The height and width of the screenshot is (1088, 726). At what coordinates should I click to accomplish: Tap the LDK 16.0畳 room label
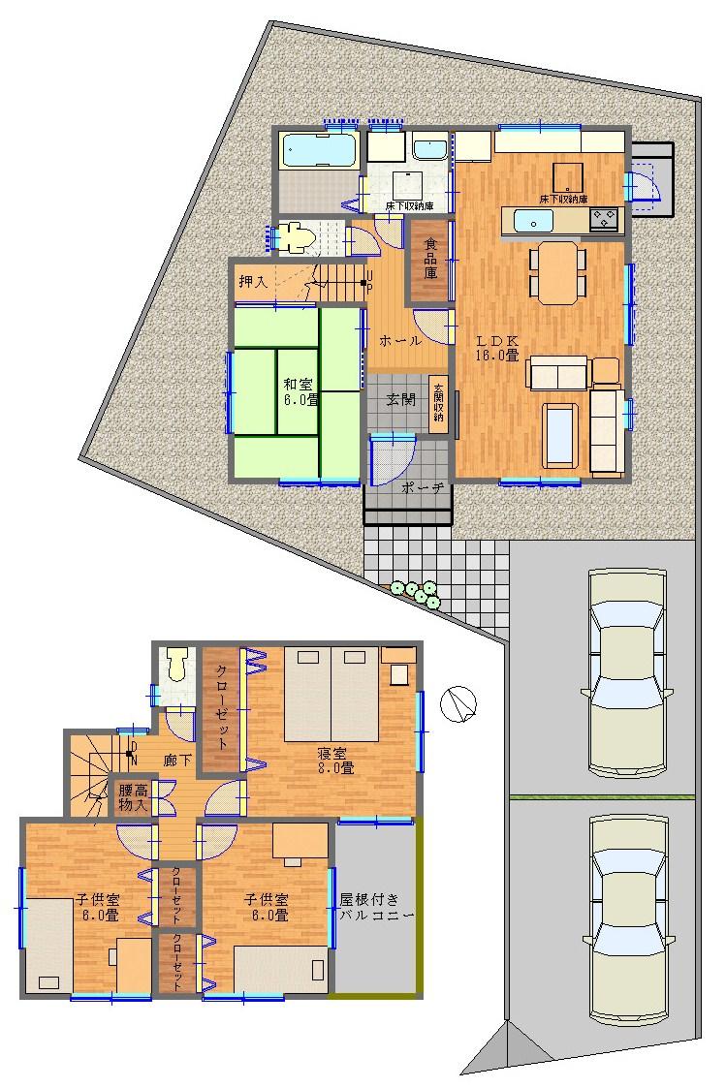(497, 348)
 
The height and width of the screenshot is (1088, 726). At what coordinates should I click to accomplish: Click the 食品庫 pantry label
(430, 258)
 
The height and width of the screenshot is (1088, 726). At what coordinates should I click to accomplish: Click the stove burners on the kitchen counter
(605, 220)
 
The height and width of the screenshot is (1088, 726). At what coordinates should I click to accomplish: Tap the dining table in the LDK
(557, 272)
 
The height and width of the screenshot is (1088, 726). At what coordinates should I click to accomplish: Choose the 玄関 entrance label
(400, 400)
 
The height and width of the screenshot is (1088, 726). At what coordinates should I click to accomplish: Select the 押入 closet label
(254, 282)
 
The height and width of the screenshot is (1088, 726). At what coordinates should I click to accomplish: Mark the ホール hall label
(399, 341)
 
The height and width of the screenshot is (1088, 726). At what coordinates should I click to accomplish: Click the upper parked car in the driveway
(628, 672)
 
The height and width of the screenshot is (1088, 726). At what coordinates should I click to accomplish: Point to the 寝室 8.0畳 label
(334, 761)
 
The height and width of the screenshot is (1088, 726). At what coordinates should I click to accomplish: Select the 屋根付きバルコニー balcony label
(376, 907)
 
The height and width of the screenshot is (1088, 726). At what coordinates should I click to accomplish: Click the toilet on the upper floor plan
(176, 666)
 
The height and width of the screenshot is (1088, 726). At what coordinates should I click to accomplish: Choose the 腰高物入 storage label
(133, 798)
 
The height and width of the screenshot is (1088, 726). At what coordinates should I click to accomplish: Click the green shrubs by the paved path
(418, 593)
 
